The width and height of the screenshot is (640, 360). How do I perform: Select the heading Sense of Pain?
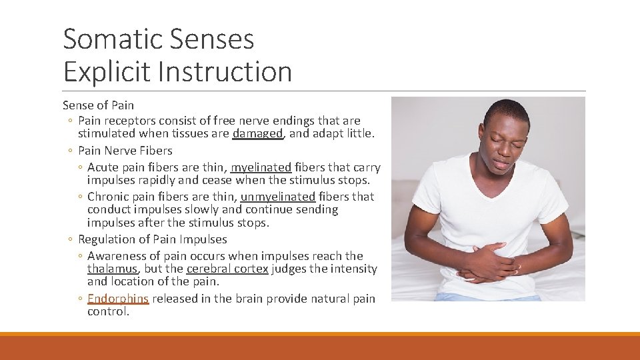click(x=98, y=105)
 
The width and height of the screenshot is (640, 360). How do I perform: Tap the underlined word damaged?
click(x=257, y=134)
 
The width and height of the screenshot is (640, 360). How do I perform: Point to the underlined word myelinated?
click(x=261, y=167)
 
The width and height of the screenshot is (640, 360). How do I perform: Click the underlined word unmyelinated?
click(x=277, y=197)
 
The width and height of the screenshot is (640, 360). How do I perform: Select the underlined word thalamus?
click(x=112, y=269)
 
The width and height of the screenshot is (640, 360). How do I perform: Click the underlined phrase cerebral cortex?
click(x=227, y=269)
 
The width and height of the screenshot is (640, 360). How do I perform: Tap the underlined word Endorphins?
click(x=118, y=299)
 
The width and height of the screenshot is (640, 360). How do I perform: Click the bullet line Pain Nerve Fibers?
click(x=125, y=151)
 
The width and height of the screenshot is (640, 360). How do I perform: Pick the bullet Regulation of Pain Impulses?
click(x=152, y=239)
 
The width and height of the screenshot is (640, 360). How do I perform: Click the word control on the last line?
click(x=108, y=311)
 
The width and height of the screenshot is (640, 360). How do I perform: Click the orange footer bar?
click(x=320, y=347)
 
